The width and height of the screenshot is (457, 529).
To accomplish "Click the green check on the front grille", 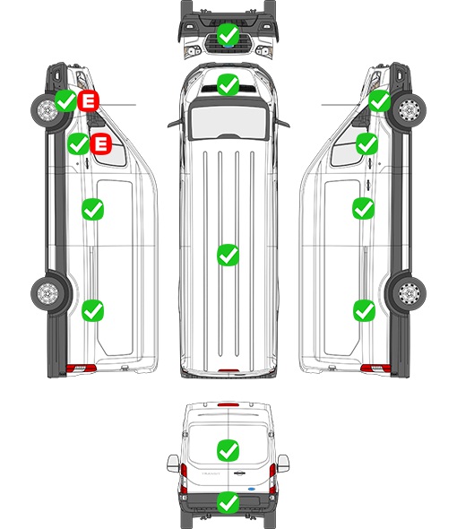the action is tap(228, 34).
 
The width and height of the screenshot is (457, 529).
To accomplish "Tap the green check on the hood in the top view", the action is tap(228, 84).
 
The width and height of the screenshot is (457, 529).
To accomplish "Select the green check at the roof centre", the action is tap(228, 255).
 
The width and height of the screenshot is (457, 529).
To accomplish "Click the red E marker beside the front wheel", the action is tap(89, 100).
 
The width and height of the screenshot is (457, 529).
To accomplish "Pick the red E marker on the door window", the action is tap(101, 144).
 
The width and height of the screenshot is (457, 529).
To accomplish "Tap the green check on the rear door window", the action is tap(228, 450).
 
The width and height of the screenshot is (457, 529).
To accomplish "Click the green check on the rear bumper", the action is tap(228, 502).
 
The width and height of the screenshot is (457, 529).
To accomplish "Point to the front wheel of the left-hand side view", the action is tap(47, 110).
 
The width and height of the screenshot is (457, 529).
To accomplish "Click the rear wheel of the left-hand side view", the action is tap(47, 293).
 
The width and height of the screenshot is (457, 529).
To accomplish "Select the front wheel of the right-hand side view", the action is tap(410, 110).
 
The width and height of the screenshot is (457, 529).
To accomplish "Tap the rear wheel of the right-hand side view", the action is tap(410, 293).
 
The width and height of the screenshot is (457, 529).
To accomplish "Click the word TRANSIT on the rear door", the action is tap(211, 473).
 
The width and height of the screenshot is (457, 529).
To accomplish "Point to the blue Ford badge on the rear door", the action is tap(251, 489).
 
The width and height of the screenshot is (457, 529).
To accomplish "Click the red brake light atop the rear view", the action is tap(228, 404).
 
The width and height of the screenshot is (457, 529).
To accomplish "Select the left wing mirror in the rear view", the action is tap(173, 464).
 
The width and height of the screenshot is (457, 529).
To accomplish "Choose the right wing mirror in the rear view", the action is tap(283, 464).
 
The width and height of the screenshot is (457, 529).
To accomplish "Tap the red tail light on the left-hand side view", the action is tap(81, 369).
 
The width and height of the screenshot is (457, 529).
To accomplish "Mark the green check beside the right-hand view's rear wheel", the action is tap(364, 311).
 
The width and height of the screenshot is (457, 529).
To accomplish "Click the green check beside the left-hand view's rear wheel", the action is tap(93, 311).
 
